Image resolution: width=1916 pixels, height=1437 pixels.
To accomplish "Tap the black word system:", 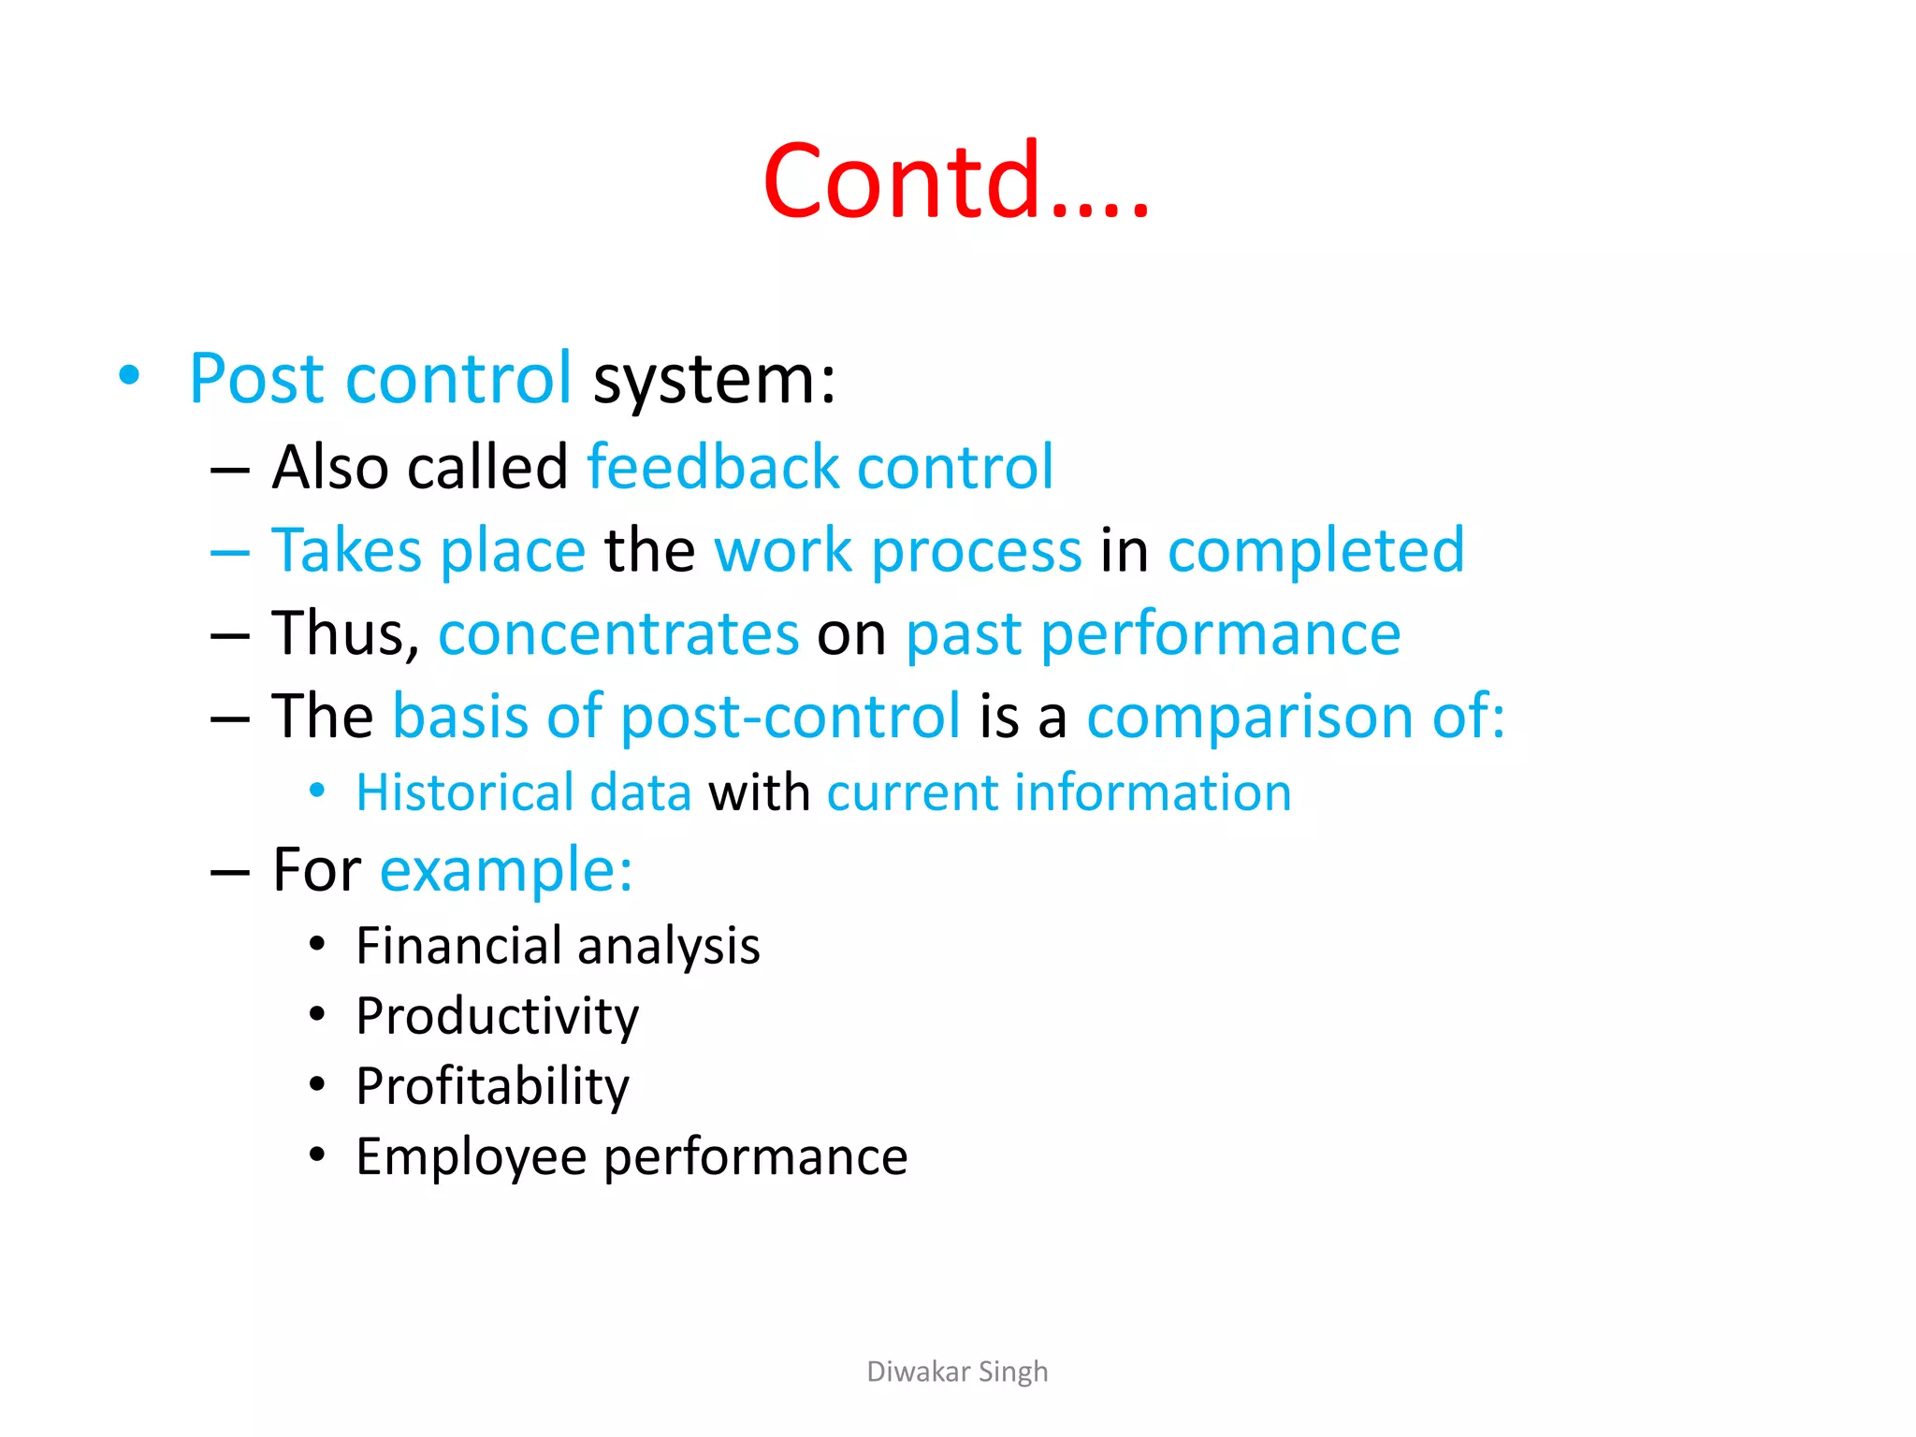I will pyautogui.click(x=715, y=381).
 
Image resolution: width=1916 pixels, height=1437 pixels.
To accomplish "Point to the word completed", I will pyautogui.click(x=1315, y=550).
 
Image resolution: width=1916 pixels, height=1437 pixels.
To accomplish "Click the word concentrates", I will pyautogui.click(x=618, y=633).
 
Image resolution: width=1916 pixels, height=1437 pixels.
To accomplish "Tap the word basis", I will pyautogui.click(x=459, y=716).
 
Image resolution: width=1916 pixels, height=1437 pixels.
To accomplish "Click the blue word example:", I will pyautogui.click(x=506, y=870).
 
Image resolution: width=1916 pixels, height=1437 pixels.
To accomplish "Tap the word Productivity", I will pyautogui.click(x=497, y=1017).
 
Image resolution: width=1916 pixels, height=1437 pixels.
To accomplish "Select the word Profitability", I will pyautogui.click(x=492, y=1087).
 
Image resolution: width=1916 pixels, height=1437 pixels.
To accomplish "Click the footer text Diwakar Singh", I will pyautogui.click(x=957, y=1372).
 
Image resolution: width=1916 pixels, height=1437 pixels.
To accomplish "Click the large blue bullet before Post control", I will pyautogui.click(x=129, y=376).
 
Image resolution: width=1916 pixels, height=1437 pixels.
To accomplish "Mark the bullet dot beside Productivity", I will pyautogui.click(x=317, y=1014).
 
